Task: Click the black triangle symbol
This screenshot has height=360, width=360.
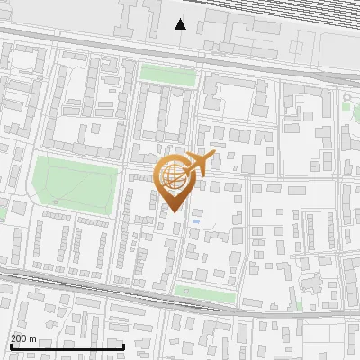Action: pos(181,23)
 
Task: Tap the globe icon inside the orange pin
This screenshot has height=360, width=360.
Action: pos(175,177)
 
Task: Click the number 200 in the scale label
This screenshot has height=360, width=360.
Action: pos(19,337)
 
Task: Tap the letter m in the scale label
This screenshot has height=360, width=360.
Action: pos(32,337)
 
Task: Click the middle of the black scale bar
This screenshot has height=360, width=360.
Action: pos(67,346)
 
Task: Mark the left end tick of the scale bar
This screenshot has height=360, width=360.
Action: pos(11,346)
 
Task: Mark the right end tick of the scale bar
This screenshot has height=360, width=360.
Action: pos(123,346)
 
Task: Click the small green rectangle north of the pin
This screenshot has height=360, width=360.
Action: pos(167,76)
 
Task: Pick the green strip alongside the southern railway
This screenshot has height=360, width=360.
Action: pos(204,292)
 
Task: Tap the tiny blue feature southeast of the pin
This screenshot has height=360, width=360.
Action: pos(196,219)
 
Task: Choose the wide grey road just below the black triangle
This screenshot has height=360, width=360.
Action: pos(180,45)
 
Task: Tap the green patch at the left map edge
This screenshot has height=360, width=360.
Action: pos(3,212)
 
